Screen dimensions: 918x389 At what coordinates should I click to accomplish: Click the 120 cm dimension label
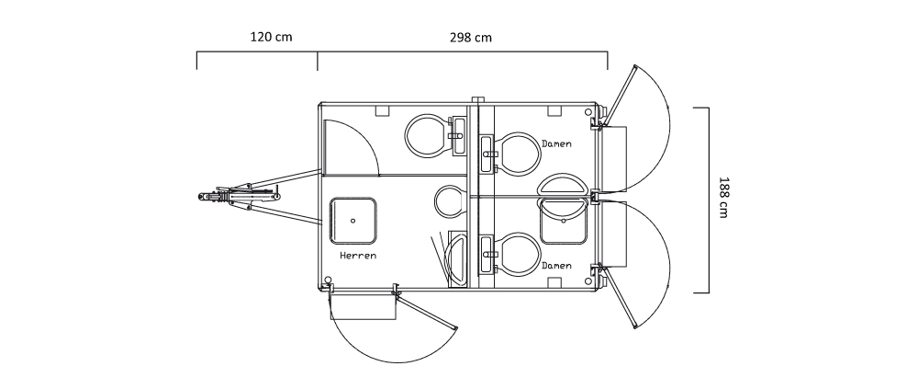click(271, 37)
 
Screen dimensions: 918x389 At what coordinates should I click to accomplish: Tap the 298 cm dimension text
click(471, 38)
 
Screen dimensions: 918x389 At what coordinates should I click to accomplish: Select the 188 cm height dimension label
click(723, 197)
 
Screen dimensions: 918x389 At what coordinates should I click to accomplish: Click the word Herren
click(358, 256)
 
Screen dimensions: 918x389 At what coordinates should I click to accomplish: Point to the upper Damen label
click(556, 143)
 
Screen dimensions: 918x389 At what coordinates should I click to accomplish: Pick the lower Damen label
click(556, 266)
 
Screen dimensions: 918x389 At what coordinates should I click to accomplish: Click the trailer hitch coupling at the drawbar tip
click(211, 197)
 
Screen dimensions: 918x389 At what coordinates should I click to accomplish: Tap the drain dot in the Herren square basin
click(353, 221)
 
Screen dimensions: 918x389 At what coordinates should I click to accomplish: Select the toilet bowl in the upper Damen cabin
click(518, 154)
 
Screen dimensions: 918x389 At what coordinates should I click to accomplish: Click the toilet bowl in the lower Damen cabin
click(518, 254)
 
